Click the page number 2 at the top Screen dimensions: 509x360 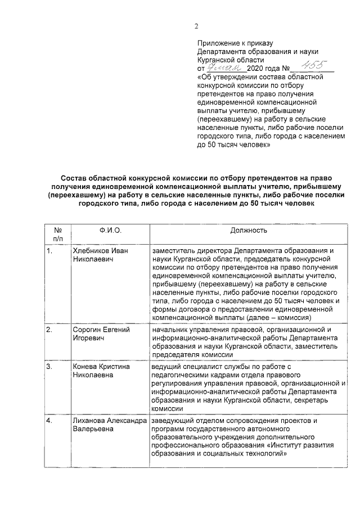tap(196, 25)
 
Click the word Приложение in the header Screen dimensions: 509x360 tap(219, 43)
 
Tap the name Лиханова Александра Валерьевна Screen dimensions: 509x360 tap(110, 425)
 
